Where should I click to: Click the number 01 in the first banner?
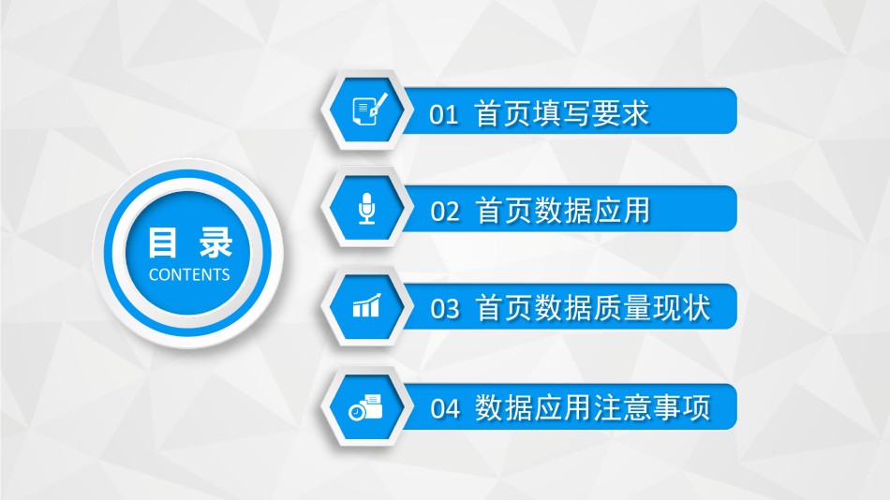point(443,114)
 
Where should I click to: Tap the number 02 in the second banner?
point(444,212)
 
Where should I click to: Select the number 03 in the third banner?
point(444,309)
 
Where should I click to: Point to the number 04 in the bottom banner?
point(444,408)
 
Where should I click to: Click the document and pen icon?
point(369,109)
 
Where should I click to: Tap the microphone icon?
point(367,208)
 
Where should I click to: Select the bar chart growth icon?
point(366,305)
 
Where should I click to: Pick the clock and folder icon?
point(365,407)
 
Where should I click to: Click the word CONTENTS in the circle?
point(189,274)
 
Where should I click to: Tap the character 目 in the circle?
point(162,243)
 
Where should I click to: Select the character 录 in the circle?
point(215,243)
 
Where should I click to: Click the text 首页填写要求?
point(561,113)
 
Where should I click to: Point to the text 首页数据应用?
point(562,211)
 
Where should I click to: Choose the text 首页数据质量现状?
point(593,308)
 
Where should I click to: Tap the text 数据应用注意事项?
point(593,407)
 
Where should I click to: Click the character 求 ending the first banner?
point(634,113)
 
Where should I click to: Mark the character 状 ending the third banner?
point(696,308)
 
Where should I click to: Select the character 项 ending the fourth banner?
point(696,407)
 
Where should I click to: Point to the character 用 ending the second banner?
point(636,211)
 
